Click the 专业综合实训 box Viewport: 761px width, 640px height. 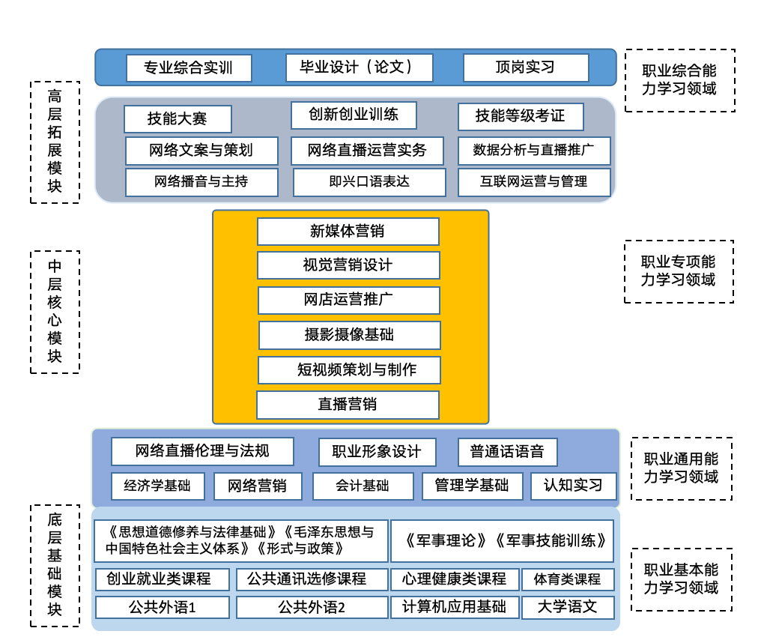pos(189,68)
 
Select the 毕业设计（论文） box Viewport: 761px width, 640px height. pos(360,67)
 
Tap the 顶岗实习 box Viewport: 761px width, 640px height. pos(526,67)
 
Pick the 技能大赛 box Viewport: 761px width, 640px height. pos(178,118)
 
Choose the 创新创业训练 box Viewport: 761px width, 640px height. pos(354,115)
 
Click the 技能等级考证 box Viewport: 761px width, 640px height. pos(521,116)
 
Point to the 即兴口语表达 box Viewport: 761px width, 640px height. pos(369,182)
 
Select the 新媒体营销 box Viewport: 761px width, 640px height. pos(348,232)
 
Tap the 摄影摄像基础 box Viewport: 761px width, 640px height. pos(349,335)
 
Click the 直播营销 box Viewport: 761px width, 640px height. pos(348,405)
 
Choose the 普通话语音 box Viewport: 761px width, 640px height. pos(508,452)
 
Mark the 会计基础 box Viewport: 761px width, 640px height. pos(363,486)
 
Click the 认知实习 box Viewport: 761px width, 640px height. pos(574,486)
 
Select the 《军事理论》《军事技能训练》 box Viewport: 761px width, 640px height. pos(502,540)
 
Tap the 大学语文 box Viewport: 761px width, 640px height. pos(568,607)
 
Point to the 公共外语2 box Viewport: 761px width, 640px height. pos(312,607)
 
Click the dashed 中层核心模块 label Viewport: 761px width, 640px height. pos(55,312)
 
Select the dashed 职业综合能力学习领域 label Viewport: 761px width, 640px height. pos(679,80)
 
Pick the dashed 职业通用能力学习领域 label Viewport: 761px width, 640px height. pos(681,468)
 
